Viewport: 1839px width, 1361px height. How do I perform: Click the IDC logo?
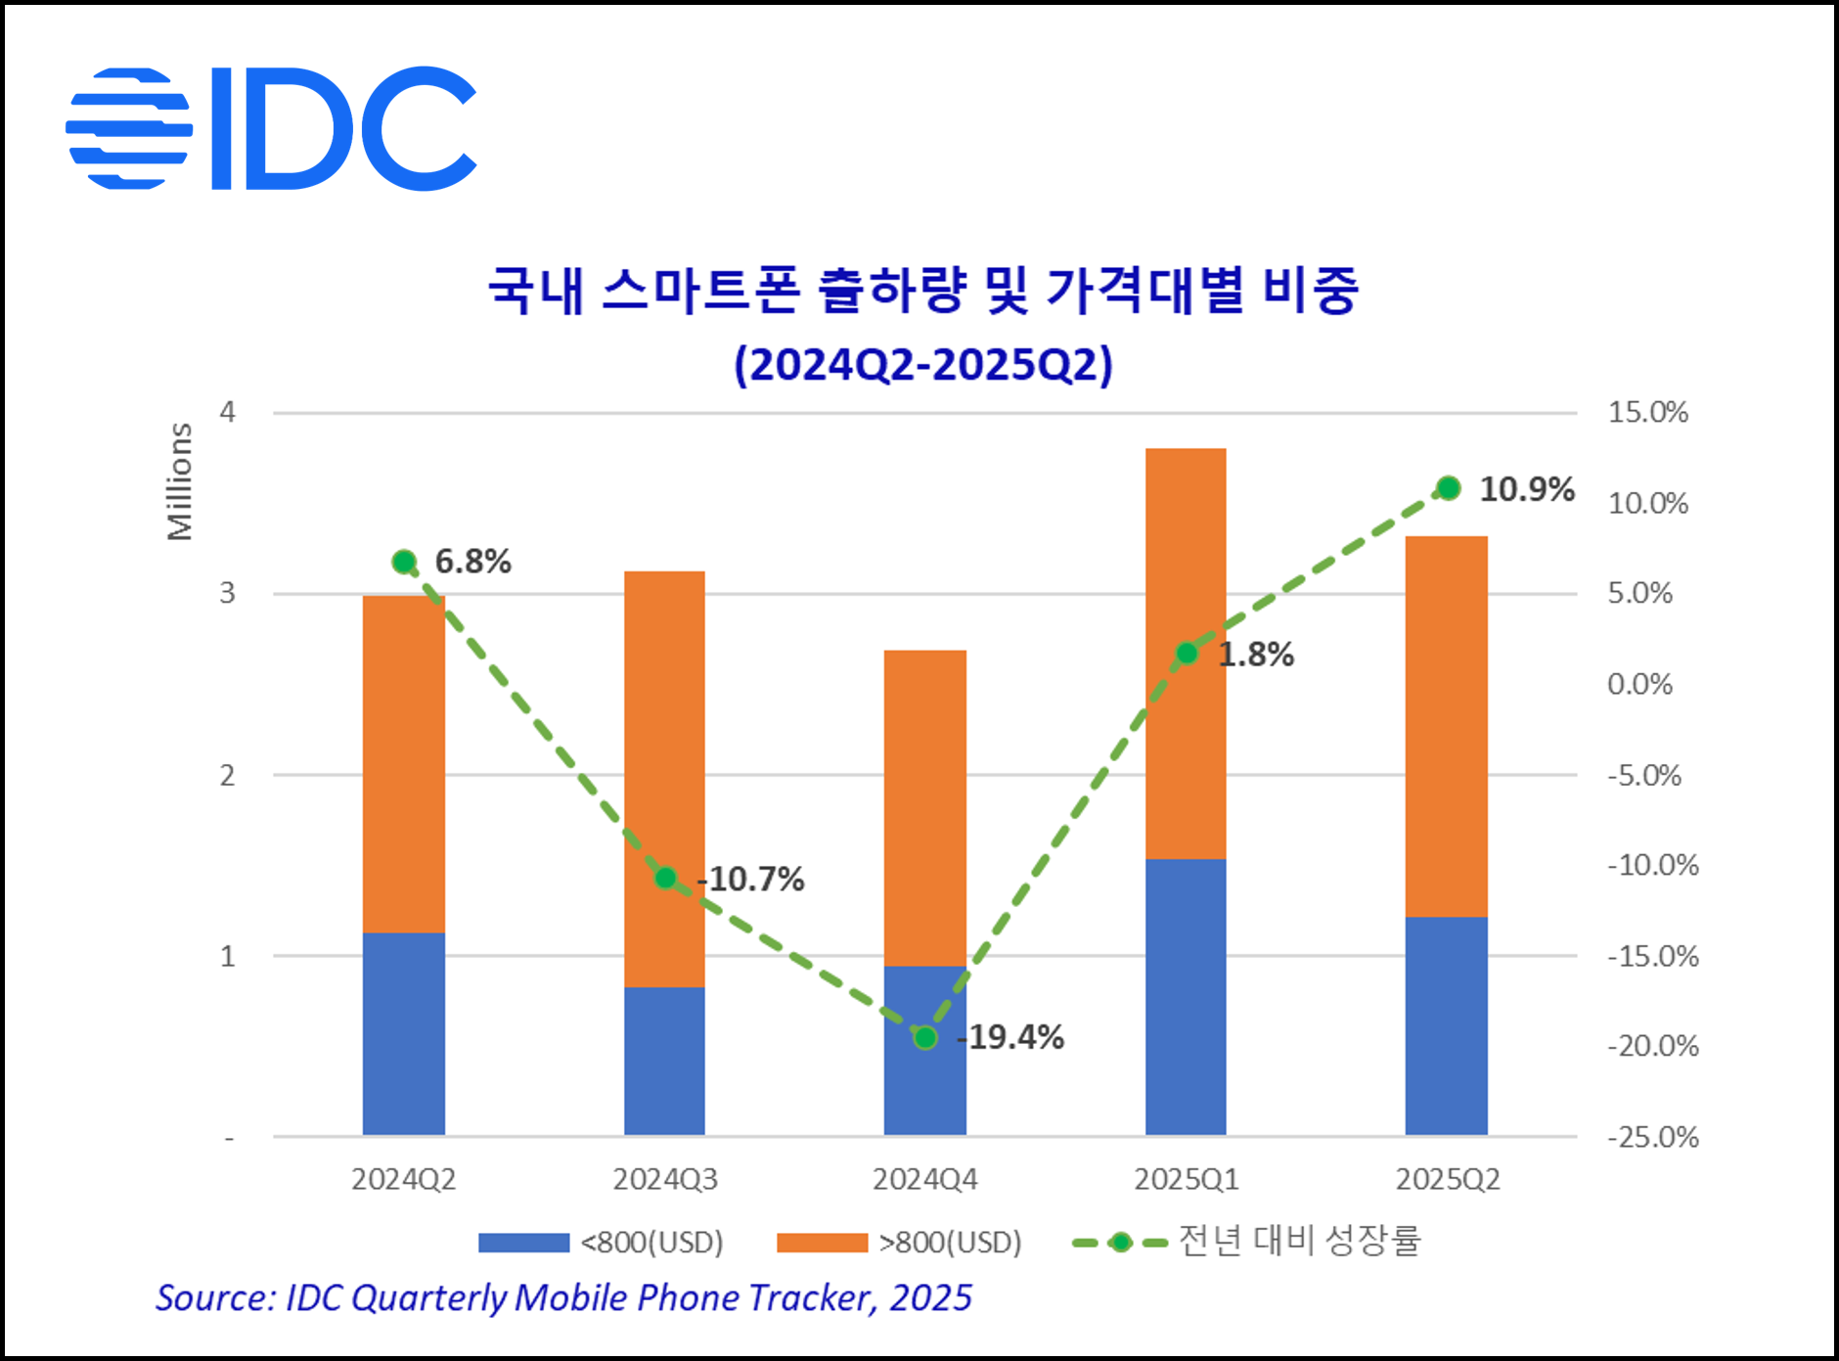(271, 128)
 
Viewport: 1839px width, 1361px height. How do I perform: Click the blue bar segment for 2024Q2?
(403, 1033)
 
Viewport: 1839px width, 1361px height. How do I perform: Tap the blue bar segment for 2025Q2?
(1446, 1025)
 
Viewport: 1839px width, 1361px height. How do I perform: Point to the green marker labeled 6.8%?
(404, 562)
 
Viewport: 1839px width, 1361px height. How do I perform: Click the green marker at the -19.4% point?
(925, 1037)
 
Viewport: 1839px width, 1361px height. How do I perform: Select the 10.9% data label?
(1526, 489)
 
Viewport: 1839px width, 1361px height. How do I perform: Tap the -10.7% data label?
(751, 879)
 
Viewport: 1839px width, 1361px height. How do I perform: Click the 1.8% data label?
(1256, 655)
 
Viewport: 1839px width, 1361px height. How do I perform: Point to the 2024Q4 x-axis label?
(924, 1180)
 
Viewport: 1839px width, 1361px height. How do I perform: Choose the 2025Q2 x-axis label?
(1447, 1180)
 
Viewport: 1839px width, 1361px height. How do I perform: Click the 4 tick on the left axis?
(228, 412)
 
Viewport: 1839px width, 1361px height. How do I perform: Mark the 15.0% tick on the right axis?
(1648, 412)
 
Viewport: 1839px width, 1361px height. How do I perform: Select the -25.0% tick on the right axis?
(1652, 1137)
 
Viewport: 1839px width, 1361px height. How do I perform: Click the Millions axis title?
(180, 481)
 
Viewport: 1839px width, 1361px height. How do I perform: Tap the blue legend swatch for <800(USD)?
(523, 1243)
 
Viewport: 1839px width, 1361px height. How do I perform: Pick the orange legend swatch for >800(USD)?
(822, 1243)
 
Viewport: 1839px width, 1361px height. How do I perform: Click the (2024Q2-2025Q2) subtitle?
(923, 365)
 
